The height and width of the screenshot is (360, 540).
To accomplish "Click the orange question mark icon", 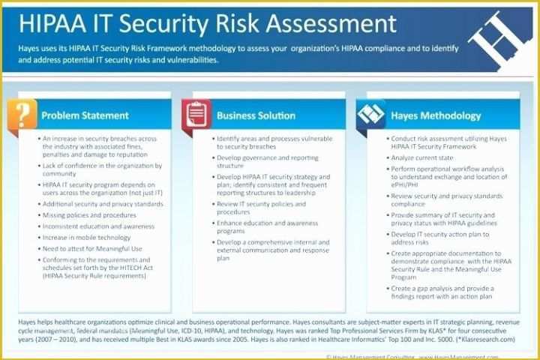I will tap(23, 114).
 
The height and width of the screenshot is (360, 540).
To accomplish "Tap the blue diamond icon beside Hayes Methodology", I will tap(370, 115).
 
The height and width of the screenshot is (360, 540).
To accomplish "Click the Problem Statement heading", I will tap(85, 115).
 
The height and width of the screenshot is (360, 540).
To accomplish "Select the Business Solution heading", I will tap(256, 115).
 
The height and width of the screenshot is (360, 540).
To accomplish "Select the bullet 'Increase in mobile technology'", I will tap(86, 237).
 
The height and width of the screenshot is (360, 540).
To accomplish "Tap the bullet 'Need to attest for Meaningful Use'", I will tap(91, 248).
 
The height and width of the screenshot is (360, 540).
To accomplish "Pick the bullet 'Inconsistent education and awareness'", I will tap(98, 226).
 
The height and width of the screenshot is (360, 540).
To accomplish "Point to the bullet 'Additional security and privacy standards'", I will tap(103, 203).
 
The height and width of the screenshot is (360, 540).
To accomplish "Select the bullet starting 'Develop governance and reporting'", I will tap(267, 162).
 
